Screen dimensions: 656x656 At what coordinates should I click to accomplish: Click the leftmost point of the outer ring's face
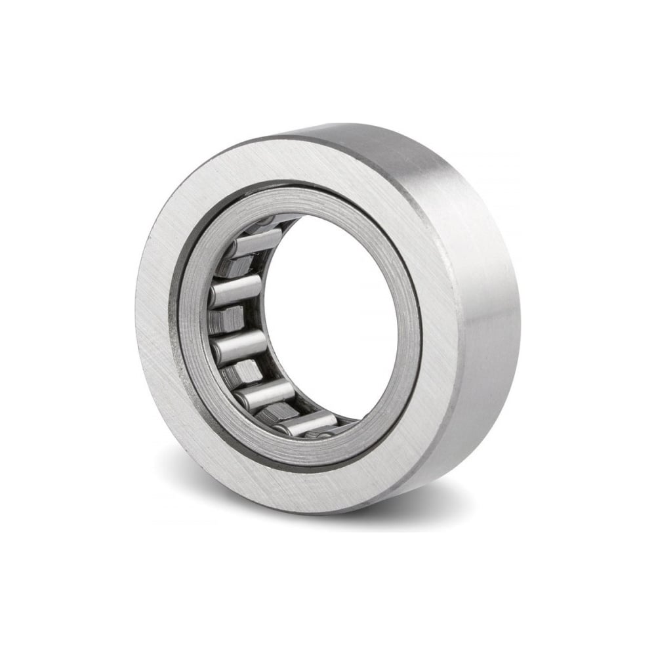click(x=139, y=328)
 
